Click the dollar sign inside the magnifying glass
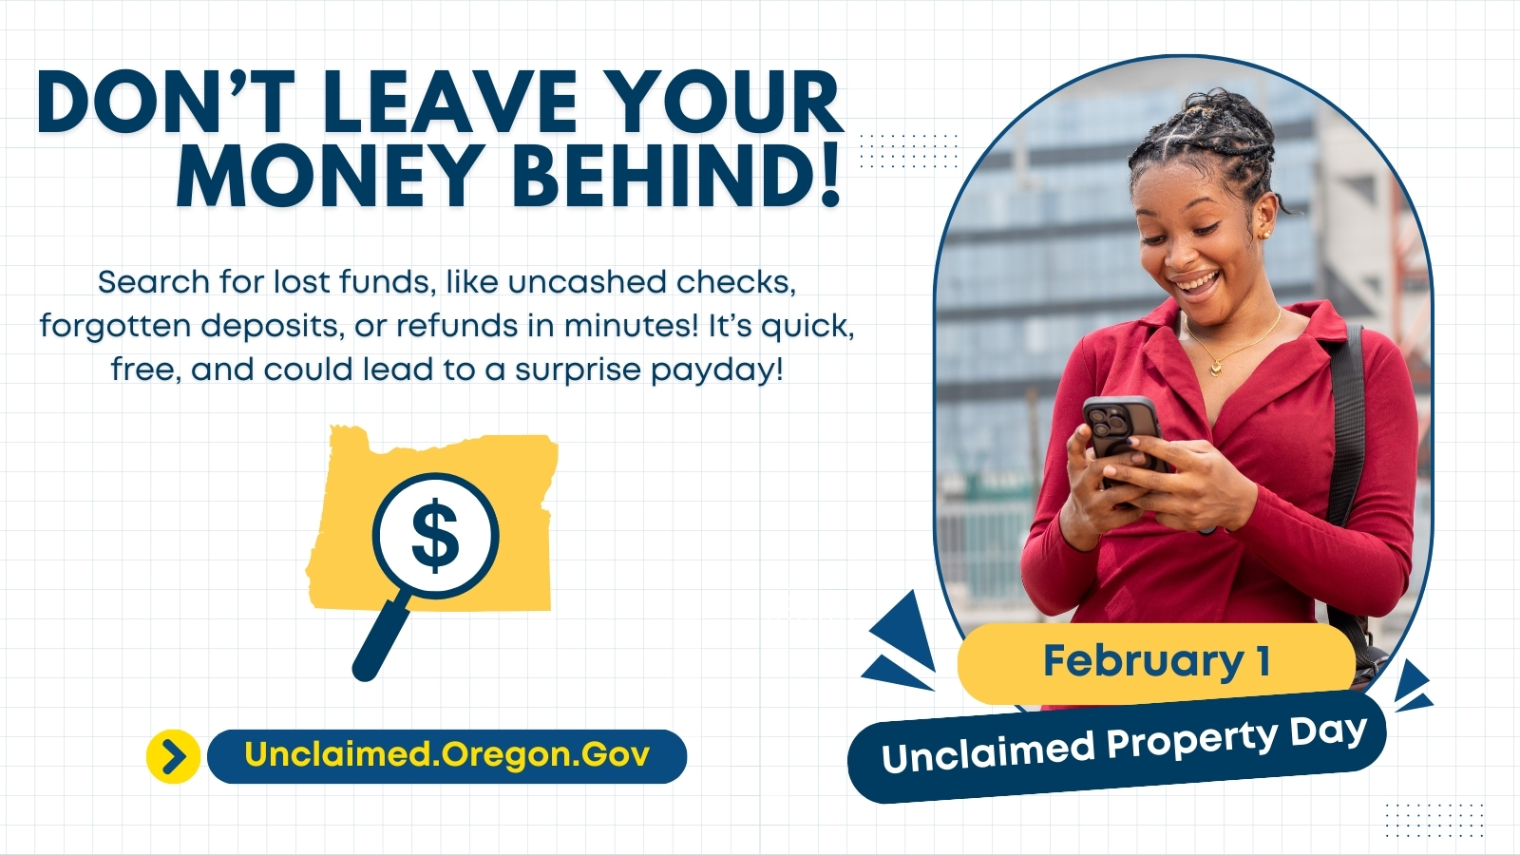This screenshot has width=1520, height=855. (435, 536)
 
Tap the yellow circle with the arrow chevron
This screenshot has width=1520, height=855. (173, 756)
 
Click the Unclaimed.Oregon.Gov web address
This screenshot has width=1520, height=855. (447, 755)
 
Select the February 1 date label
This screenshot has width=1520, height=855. (1156, 661)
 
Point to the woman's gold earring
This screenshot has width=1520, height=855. (1266, 235)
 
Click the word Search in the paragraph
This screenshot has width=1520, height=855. (153, 281)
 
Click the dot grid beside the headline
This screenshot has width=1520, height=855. (908, 151)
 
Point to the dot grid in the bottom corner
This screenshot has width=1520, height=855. (1434, 821)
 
